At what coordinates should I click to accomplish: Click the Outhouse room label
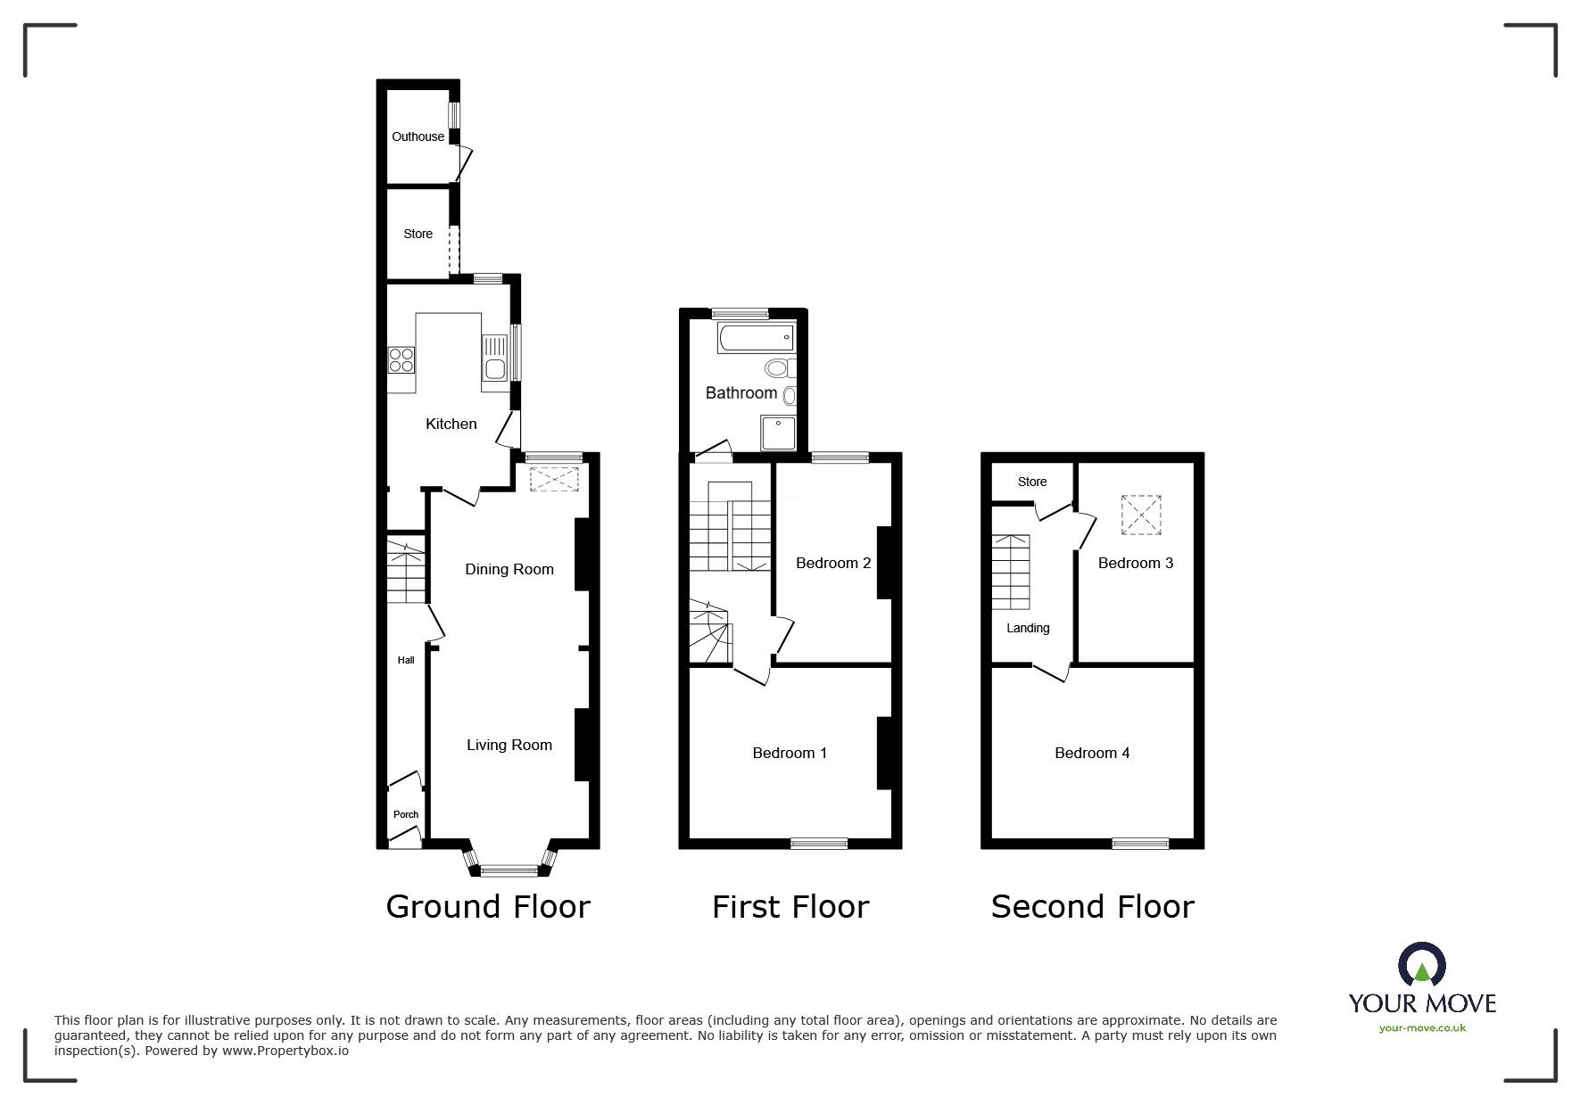(x=418, y=136)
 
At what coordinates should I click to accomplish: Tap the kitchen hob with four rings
(x=401, y=359)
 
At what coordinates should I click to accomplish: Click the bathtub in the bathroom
(x=755, y=337)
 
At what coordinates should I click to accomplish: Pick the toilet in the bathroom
(x=779, y=367)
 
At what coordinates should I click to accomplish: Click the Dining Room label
(x=509, y=569)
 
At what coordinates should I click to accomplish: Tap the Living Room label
(x=509, y=745)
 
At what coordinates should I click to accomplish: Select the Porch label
(x=406, y=814)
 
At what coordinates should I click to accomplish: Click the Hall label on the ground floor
(x=406, y=660)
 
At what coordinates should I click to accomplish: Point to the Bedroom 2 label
(x=833, y=563)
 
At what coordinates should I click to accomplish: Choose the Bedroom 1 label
(x=790, y=753)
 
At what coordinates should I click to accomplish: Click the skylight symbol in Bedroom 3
(x=1141, y=515)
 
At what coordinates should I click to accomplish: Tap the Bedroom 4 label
(x=1092, y=753)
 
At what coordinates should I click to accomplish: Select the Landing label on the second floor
(x=1028, y=628)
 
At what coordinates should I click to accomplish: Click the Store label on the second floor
(x=1032, y=482)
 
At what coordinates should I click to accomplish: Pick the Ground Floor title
(x=488, y=906)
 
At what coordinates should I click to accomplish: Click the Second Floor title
(x=1092, y=906)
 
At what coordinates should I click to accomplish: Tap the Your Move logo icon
(x=1422, y=965)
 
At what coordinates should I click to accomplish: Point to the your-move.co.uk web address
(x=1422, y=1028)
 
